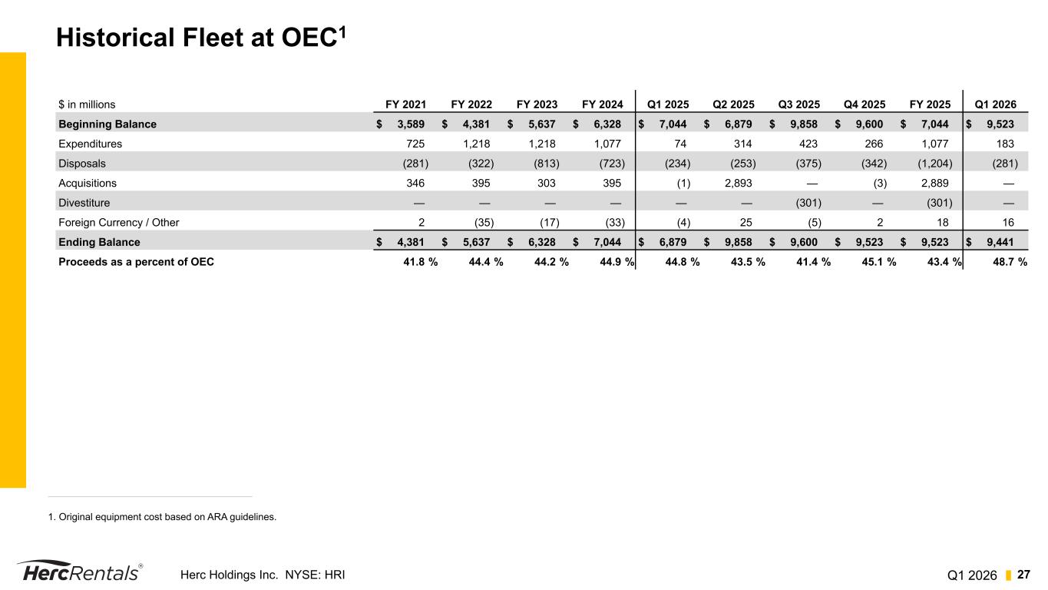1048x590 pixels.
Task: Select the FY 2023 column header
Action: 537,104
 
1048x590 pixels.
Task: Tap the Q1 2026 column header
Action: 995,104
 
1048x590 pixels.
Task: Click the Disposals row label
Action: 82,163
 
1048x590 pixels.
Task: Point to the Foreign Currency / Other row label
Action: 118,223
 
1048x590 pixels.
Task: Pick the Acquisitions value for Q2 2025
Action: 737,183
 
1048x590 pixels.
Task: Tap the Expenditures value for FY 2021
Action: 415,144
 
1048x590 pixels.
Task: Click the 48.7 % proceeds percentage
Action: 1005,262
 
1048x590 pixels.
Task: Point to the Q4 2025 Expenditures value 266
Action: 874,144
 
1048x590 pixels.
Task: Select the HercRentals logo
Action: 79,572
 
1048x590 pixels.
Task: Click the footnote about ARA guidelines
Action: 162,517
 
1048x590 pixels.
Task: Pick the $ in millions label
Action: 87,104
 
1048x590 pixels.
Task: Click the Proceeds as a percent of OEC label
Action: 136,262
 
